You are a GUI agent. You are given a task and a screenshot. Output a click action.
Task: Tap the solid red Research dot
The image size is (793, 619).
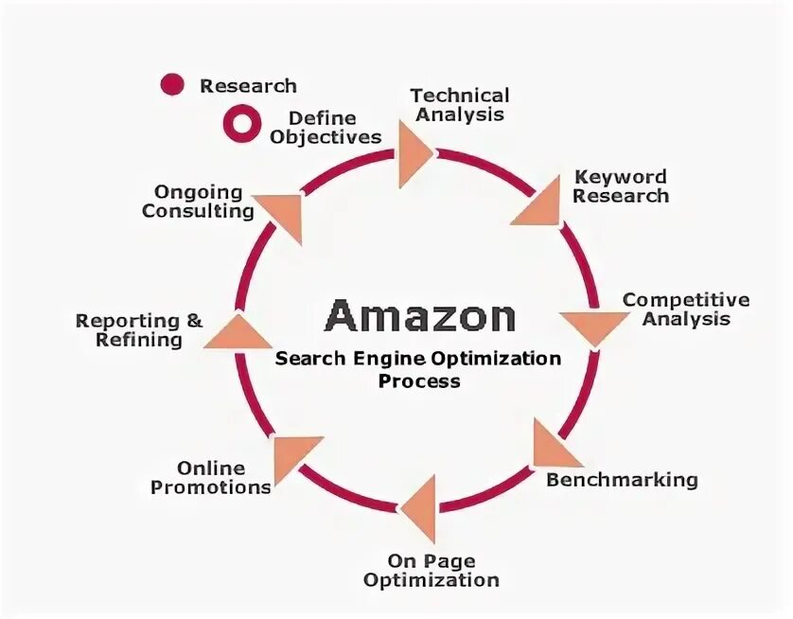pyautogui.click(x=172, y=85)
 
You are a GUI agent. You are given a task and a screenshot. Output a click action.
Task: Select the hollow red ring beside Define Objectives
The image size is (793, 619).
pyautogui.click(x=240, y=123)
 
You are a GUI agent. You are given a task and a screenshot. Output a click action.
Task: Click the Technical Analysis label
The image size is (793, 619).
pyautogui.click(x=459, y=104)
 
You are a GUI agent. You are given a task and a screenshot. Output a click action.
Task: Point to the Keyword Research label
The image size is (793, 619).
pyautogui.click(x=620, y=186)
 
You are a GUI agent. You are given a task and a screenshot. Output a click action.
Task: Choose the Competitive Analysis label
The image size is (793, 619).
pyautogui.click(x=686, y=309)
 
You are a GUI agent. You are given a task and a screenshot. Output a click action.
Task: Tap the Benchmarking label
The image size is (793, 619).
pyautogui.click(x=622, y=479)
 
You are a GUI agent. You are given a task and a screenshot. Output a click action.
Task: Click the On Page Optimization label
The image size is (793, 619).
pyautogui.click(x=431, y=570)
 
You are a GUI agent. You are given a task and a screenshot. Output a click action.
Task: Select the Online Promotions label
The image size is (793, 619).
pyautogui.click(x=211, y=478)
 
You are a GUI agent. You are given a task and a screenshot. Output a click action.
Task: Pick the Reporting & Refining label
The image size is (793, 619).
pyautogui.click(x=139, y=329)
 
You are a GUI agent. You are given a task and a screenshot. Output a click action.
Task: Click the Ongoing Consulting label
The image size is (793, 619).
pyautogui.click(x=198, y=202)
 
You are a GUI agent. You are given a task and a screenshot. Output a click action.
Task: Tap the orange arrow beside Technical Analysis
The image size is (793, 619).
pyautogui.click(x=413, y=153)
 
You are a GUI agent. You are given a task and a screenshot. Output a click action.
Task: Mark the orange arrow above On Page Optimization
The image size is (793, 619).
pyautogui.click(x=420, y=508)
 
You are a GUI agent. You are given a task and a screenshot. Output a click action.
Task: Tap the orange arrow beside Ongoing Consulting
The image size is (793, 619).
pyautogui.click(x=282, y=214)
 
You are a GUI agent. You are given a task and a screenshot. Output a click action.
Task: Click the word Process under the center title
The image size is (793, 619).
pyautogui.click(x=419, y=381)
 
